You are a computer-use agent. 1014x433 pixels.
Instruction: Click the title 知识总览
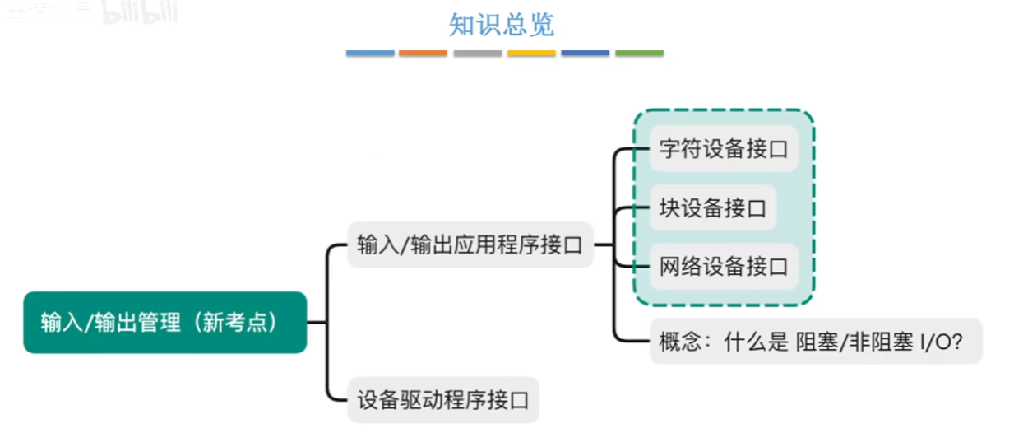point(502,25)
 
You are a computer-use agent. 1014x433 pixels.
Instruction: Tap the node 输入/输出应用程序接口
point(470,244)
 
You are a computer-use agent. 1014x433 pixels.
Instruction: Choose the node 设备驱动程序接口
point(442,400)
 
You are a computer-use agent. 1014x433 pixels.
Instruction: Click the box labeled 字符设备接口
point(724,149)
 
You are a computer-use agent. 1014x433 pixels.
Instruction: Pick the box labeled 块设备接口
point(712,207)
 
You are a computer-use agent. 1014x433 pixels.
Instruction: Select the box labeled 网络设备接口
point(724,267)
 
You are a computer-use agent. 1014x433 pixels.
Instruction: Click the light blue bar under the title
point(370,53)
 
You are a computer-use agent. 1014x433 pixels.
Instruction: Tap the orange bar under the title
point(424,53)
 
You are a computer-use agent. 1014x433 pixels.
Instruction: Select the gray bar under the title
point(478,53)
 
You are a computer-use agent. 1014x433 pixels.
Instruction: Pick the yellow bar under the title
point(531,53)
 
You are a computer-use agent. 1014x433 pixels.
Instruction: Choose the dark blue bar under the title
point(586,53)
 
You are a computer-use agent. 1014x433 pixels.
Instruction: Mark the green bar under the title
point(639,53)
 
